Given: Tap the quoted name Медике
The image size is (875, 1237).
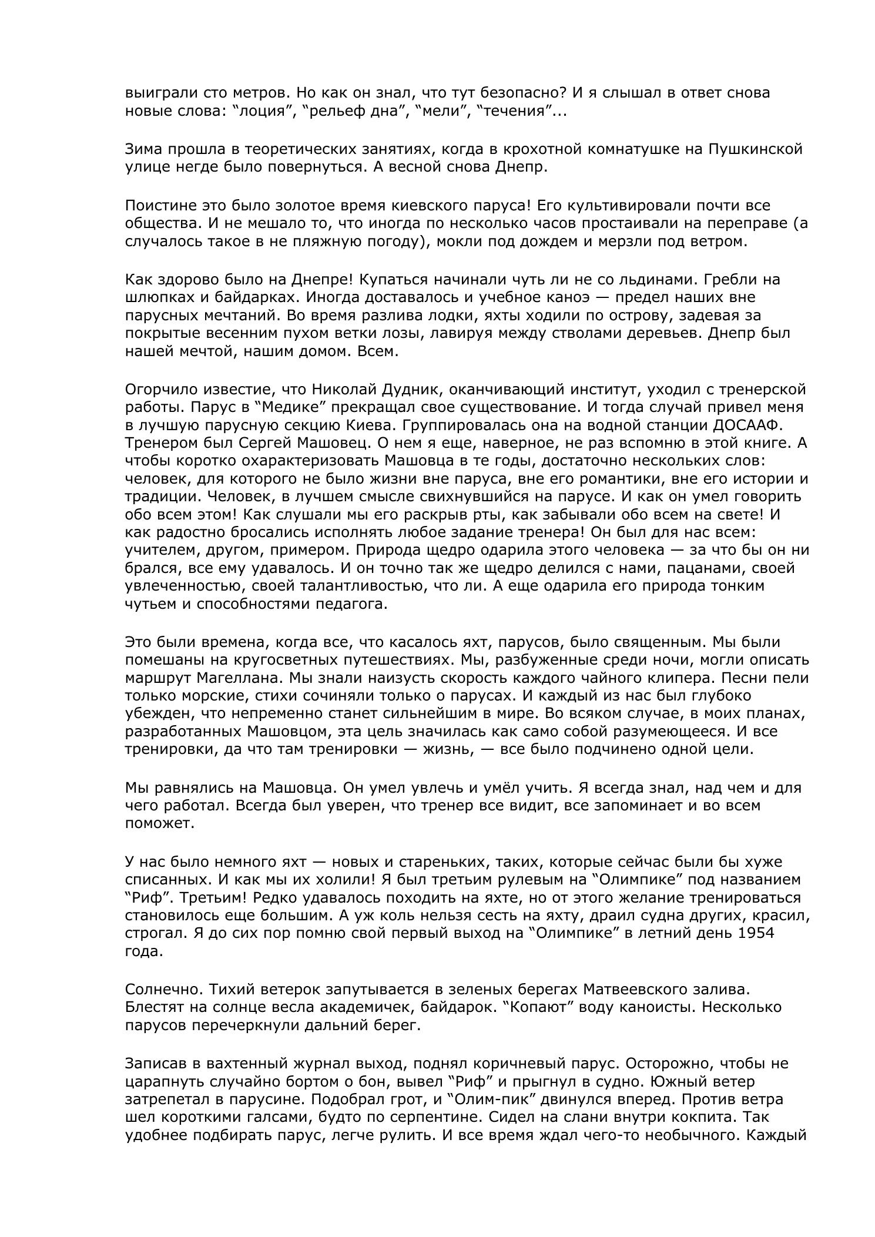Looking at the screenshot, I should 243,407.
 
